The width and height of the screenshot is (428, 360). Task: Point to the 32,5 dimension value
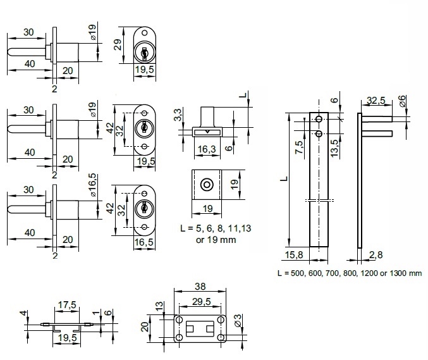point(377,101)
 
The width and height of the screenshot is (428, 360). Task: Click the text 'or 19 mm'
point(214,240)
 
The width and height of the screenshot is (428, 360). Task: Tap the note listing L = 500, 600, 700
point(349,273)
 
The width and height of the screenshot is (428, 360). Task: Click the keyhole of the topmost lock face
point(144,53)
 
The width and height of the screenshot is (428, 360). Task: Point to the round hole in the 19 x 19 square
point(205,185)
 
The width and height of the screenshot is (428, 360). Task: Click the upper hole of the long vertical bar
point(320,120)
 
